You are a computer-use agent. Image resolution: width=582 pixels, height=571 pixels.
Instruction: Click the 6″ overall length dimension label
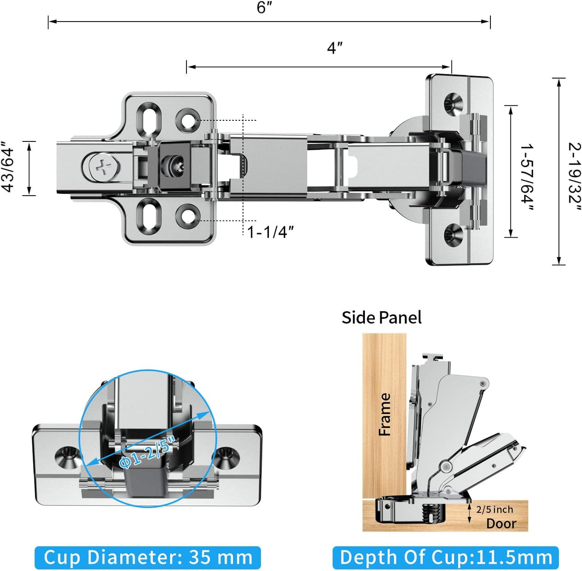264,8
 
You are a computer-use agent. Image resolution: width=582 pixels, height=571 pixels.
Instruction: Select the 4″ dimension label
335,48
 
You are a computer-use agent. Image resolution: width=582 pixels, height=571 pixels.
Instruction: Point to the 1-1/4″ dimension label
270,232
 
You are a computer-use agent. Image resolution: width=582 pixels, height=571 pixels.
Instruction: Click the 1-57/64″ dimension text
526,176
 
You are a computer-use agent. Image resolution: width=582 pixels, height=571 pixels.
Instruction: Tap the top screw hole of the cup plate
452,103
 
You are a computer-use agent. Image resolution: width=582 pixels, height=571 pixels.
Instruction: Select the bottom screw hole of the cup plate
452,235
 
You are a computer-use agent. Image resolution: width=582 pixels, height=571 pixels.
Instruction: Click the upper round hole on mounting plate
187,120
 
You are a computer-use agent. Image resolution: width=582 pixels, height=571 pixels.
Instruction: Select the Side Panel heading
381,317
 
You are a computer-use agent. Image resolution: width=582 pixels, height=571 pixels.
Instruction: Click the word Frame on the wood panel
385,414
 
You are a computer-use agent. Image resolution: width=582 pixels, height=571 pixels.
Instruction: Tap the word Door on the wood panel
501,523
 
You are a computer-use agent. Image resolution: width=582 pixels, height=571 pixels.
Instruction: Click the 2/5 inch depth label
495,509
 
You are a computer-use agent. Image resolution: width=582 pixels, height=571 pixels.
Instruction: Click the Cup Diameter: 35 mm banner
148,558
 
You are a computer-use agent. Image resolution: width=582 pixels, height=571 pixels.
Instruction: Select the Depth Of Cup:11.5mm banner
445,558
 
